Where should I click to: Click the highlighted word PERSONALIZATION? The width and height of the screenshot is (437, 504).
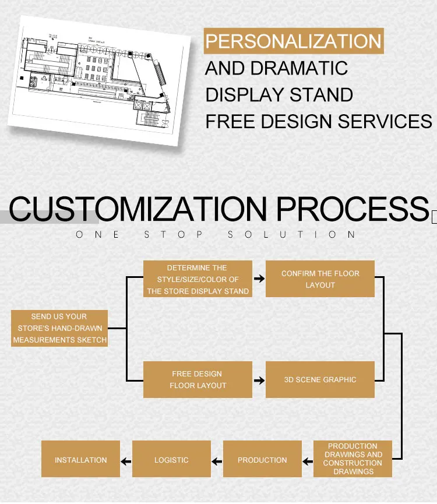[x=294, y=41]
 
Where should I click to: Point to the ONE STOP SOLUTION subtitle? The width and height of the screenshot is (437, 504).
[x=216, y=235]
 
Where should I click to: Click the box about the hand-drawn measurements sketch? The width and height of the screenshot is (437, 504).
[x=59, y=328]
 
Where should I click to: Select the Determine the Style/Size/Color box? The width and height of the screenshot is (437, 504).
[x=198, y=279]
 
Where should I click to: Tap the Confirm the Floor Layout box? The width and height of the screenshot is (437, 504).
[x=320, y=279]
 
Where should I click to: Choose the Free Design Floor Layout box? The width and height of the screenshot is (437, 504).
[x=198, y=379]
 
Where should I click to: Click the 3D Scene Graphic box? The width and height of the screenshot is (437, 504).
[x=320, y=379]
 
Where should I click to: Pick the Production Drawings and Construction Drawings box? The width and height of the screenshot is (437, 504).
[x=353, y=459]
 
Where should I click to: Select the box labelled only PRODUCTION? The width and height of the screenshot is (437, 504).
[x=262, y=460]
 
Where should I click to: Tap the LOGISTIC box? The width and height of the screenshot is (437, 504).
[x=171, y=460]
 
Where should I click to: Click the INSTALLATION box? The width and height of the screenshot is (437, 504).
[x=81, y=460]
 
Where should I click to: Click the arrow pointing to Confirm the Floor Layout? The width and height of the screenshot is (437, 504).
[x=259, y=279]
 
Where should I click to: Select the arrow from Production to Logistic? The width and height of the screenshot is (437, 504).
[x=217, y=461]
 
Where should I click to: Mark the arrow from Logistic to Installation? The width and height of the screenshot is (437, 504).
[x=126, y=461]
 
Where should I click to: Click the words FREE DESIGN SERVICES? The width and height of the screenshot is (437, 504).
[x=318, y=121]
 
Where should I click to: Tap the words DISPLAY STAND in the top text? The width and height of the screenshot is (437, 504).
[x=279, y=94]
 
